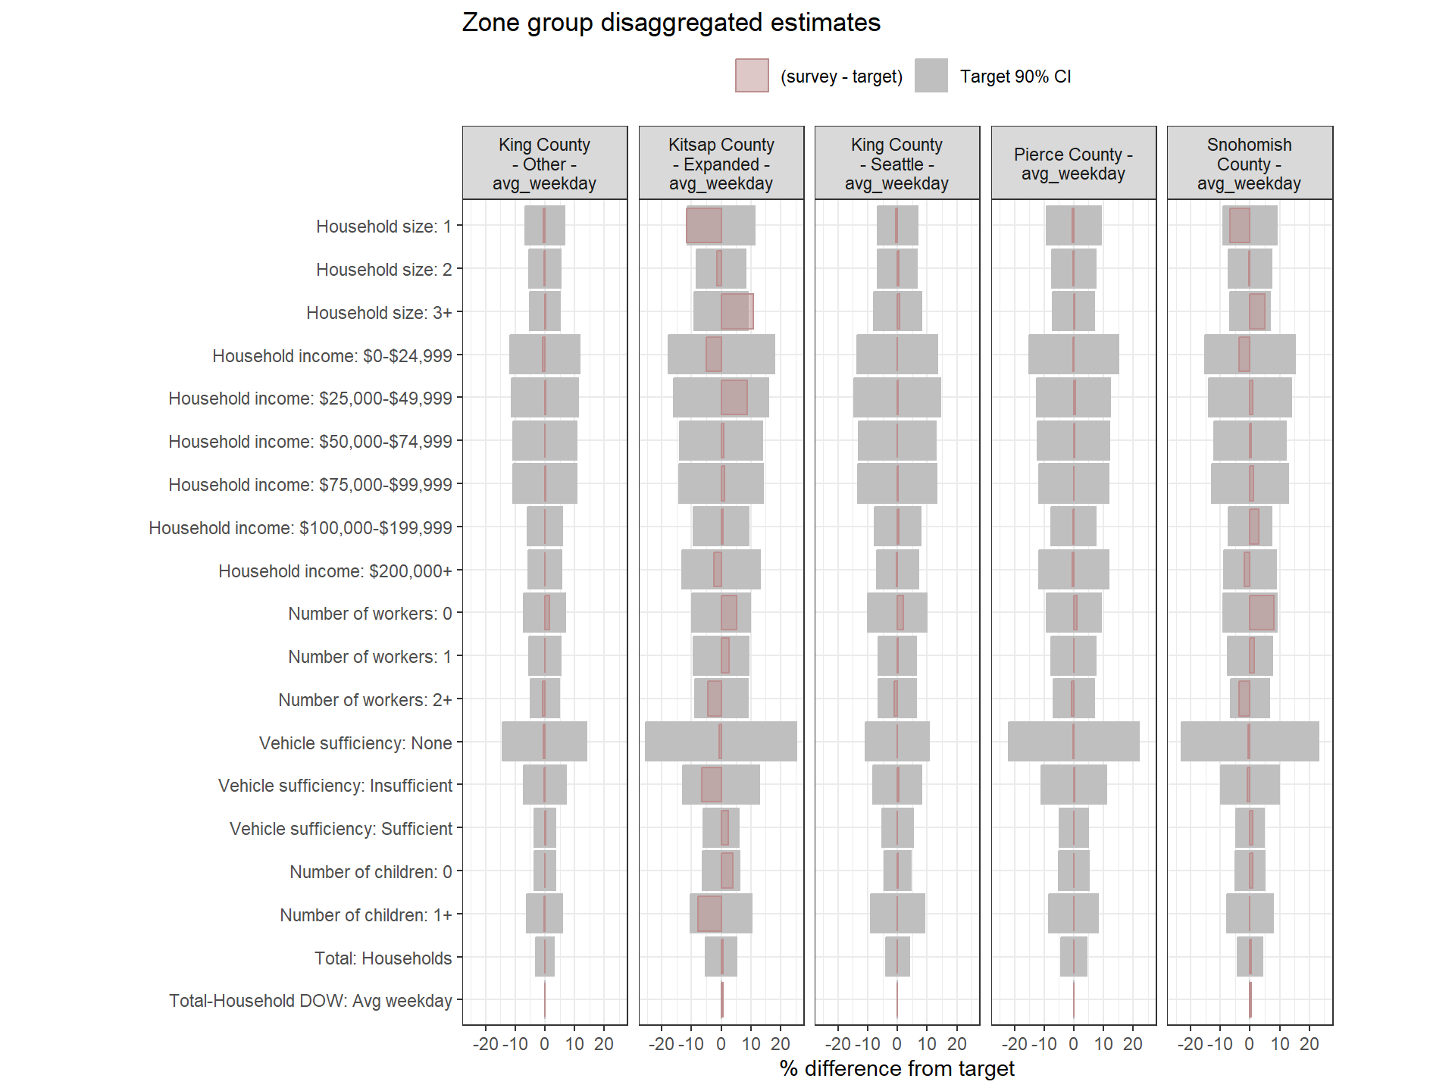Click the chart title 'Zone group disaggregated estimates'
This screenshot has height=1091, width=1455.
coord(671,23)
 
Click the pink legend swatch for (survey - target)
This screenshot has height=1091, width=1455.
coord(752,76)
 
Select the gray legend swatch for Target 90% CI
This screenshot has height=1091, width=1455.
coord(931,76)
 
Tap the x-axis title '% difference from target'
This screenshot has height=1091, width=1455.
coord(896,1068)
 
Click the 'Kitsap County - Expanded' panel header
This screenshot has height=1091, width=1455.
coord(721,164)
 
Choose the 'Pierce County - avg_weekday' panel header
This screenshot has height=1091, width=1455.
coord(1073,164)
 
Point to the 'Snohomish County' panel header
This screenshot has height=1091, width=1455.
coord(1249,164)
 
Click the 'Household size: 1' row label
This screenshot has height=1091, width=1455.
coord(383,227)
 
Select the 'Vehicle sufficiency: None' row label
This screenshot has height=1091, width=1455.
coord(355,743)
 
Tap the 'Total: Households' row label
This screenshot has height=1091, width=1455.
coord(383,958)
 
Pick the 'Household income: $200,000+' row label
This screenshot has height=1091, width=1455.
coord(335,571)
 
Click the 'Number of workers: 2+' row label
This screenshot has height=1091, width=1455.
coord(365,700)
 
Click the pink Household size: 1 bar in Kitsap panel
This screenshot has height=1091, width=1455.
coord(704,226)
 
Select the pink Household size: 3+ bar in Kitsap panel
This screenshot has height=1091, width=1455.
coord(737,311)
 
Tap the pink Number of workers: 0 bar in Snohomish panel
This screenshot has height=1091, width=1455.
coord(1262,612)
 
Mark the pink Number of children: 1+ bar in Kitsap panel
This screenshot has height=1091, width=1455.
coord(709,914)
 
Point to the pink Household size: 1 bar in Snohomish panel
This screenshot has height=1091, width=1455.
coord(1240,226)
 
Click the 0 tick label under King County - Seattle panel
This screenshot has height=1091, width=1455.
coord(896,1044)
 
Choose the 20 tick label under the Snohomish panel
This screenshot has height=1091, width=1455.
coord(1309,1044)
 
